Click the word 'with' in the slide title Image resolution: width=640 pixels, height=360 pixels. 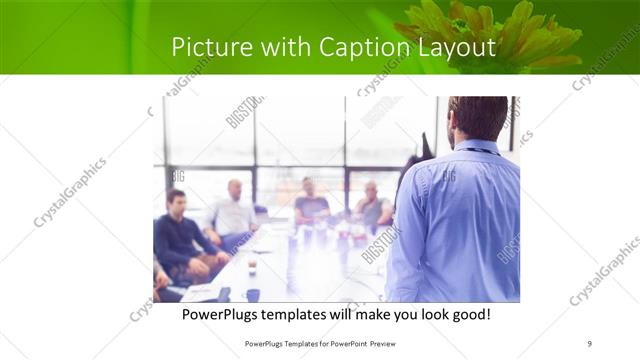coord(287,47)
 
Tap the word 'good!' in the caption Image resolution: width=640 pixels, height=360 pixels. coord(469,315)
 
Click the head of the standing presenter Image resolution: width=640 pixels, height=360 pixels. coord(478,118)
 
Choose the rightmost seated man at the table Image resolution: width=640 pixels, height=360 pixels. coord(372,206)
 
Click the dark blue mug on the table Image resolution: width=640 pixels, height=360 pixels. coord(252,295)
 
